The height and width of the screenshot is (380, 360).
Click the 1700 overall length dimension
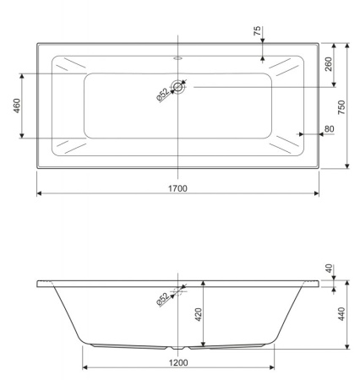[177, 188]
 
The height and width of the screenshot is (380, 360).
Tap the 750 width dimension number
[341, 107]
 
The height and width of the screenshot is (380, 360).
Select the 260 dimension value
[329, 64]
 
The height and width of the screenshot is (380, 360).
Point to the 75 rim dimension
[257, 30]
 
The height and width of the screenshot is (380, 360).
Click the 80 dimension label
[330, 129]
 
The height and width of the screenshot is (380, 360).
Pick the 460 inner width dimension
[17, 106]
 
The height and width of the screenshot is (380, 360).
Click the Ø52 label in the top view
[163, 95]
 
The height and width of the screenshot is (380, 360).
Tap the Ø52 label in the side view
[163, 299]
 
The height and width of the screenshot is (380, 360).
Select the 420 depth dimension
[199, 315]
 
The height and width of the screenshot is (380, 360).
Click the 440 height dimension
[341, 314]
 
